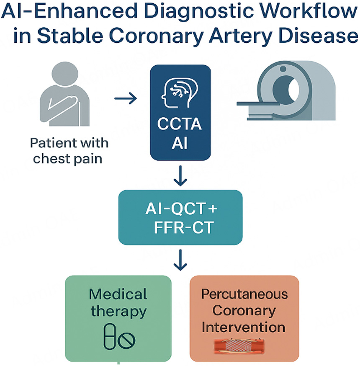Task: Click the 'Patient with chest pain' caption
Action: tap(69, 151)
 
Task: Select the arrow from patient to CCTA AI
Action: tap(126, 99)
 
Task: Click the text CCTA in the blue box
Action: tap(180, 124)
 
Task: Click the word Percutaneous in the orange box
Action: tap(244, 294)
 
